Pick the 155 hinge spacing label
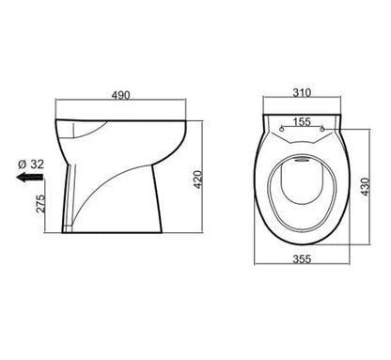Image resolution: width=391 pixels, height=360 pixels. pyautogui.click(x=301, y=122)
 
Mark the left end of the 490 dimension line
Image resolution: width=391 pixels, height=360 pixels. pyautogui.click(x=55, y=103)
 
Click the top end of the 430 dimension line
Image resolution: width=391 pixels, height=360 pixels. pyautogui.click(x=356, y=117)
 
